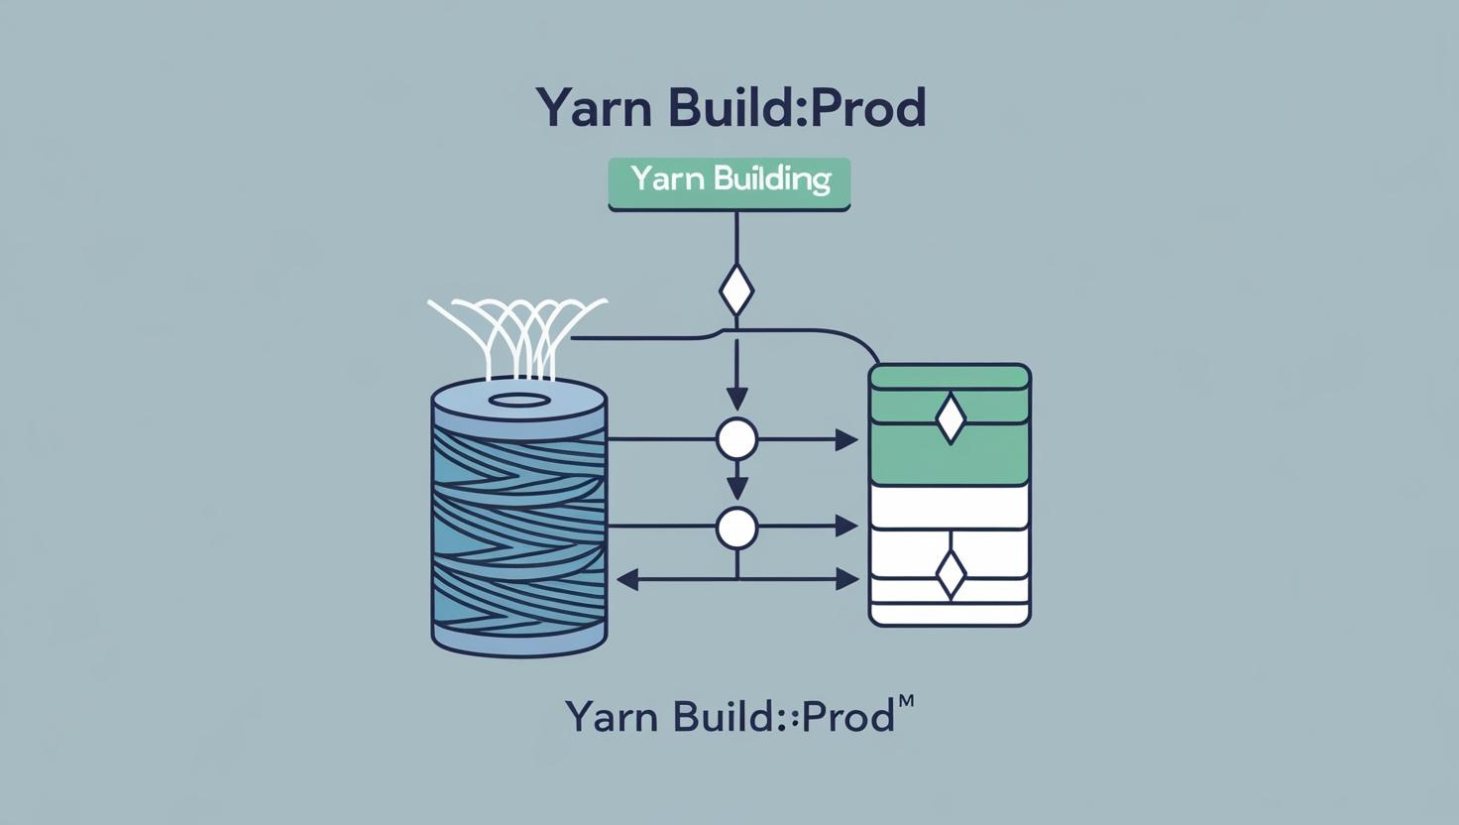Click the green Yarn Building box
pyautogui.click(x=729, y=183)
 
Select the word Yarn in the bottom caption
pyautogui.click(x=610, y=716)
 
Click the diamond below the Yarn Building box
pyautogui.click(x=735, y=291)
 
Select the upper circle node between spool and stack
pyautogui.click(x=736, y=438)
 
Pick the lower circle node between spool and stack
pyautogui.click(x=736, y=528)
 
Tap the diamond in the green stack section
pyautogui.click(x=950, y=418)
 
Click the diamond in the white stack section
pyautogui.click(x=950, y=574)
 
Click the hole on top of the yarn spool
pyautogui.click(x=520, y=401)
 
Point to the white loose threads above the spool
pyautogui.click(x=516, y=332)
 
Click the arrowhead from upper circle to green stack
pyautogui.click(x=846, y=439)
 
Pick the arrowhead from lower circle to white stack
pyautogui.click(x=846, y=527)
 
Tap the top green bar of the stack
pyautogui.click(x=950, y=377)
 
